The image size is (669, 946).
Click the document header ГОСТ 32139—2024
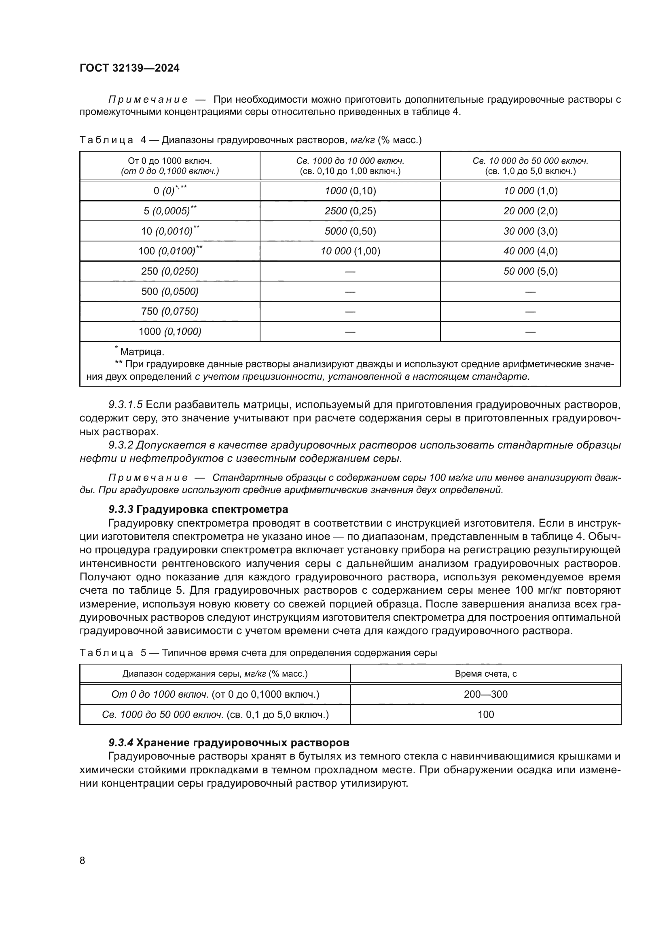129,68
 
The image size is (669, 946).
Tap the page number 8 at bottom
83,860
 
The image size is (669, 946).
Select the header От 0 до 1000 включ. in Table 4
170,161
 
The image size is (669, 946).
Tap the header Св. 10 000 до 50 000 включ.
530,161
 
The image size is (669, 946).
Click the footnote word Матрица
142,352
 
